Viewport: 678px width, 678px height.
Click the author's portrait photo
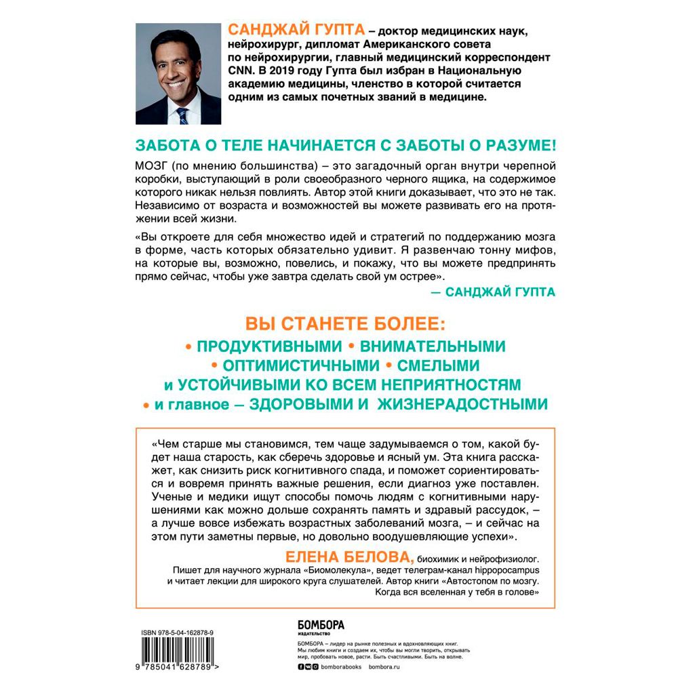[178, 74]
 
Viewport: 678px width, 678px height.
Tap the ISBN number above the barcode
[178, 632]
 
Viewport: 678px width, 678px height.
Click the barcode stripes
[179, 653]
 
